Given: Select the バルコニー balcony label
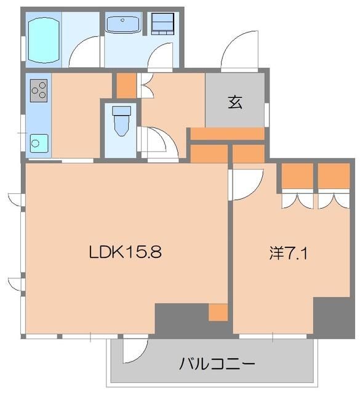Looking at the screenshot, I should (x=217, y=363).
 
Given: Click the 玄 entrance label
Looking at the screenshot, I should (x=235, y=102).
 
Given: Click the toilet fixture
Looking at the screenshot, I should (x=121, y=120).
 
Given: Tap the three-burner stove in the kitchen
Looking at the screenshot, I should (x=38, y=91).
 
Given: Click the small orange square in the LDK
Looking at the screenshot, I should (x=218, y=312).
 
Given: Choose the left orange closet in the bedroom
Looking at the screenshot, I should (x=297, y=175).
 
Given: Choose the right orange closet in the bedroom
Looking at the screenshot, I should (x=334, y=175).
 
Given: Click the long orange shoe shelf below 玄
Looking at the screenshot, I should (x=227, y=134).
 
